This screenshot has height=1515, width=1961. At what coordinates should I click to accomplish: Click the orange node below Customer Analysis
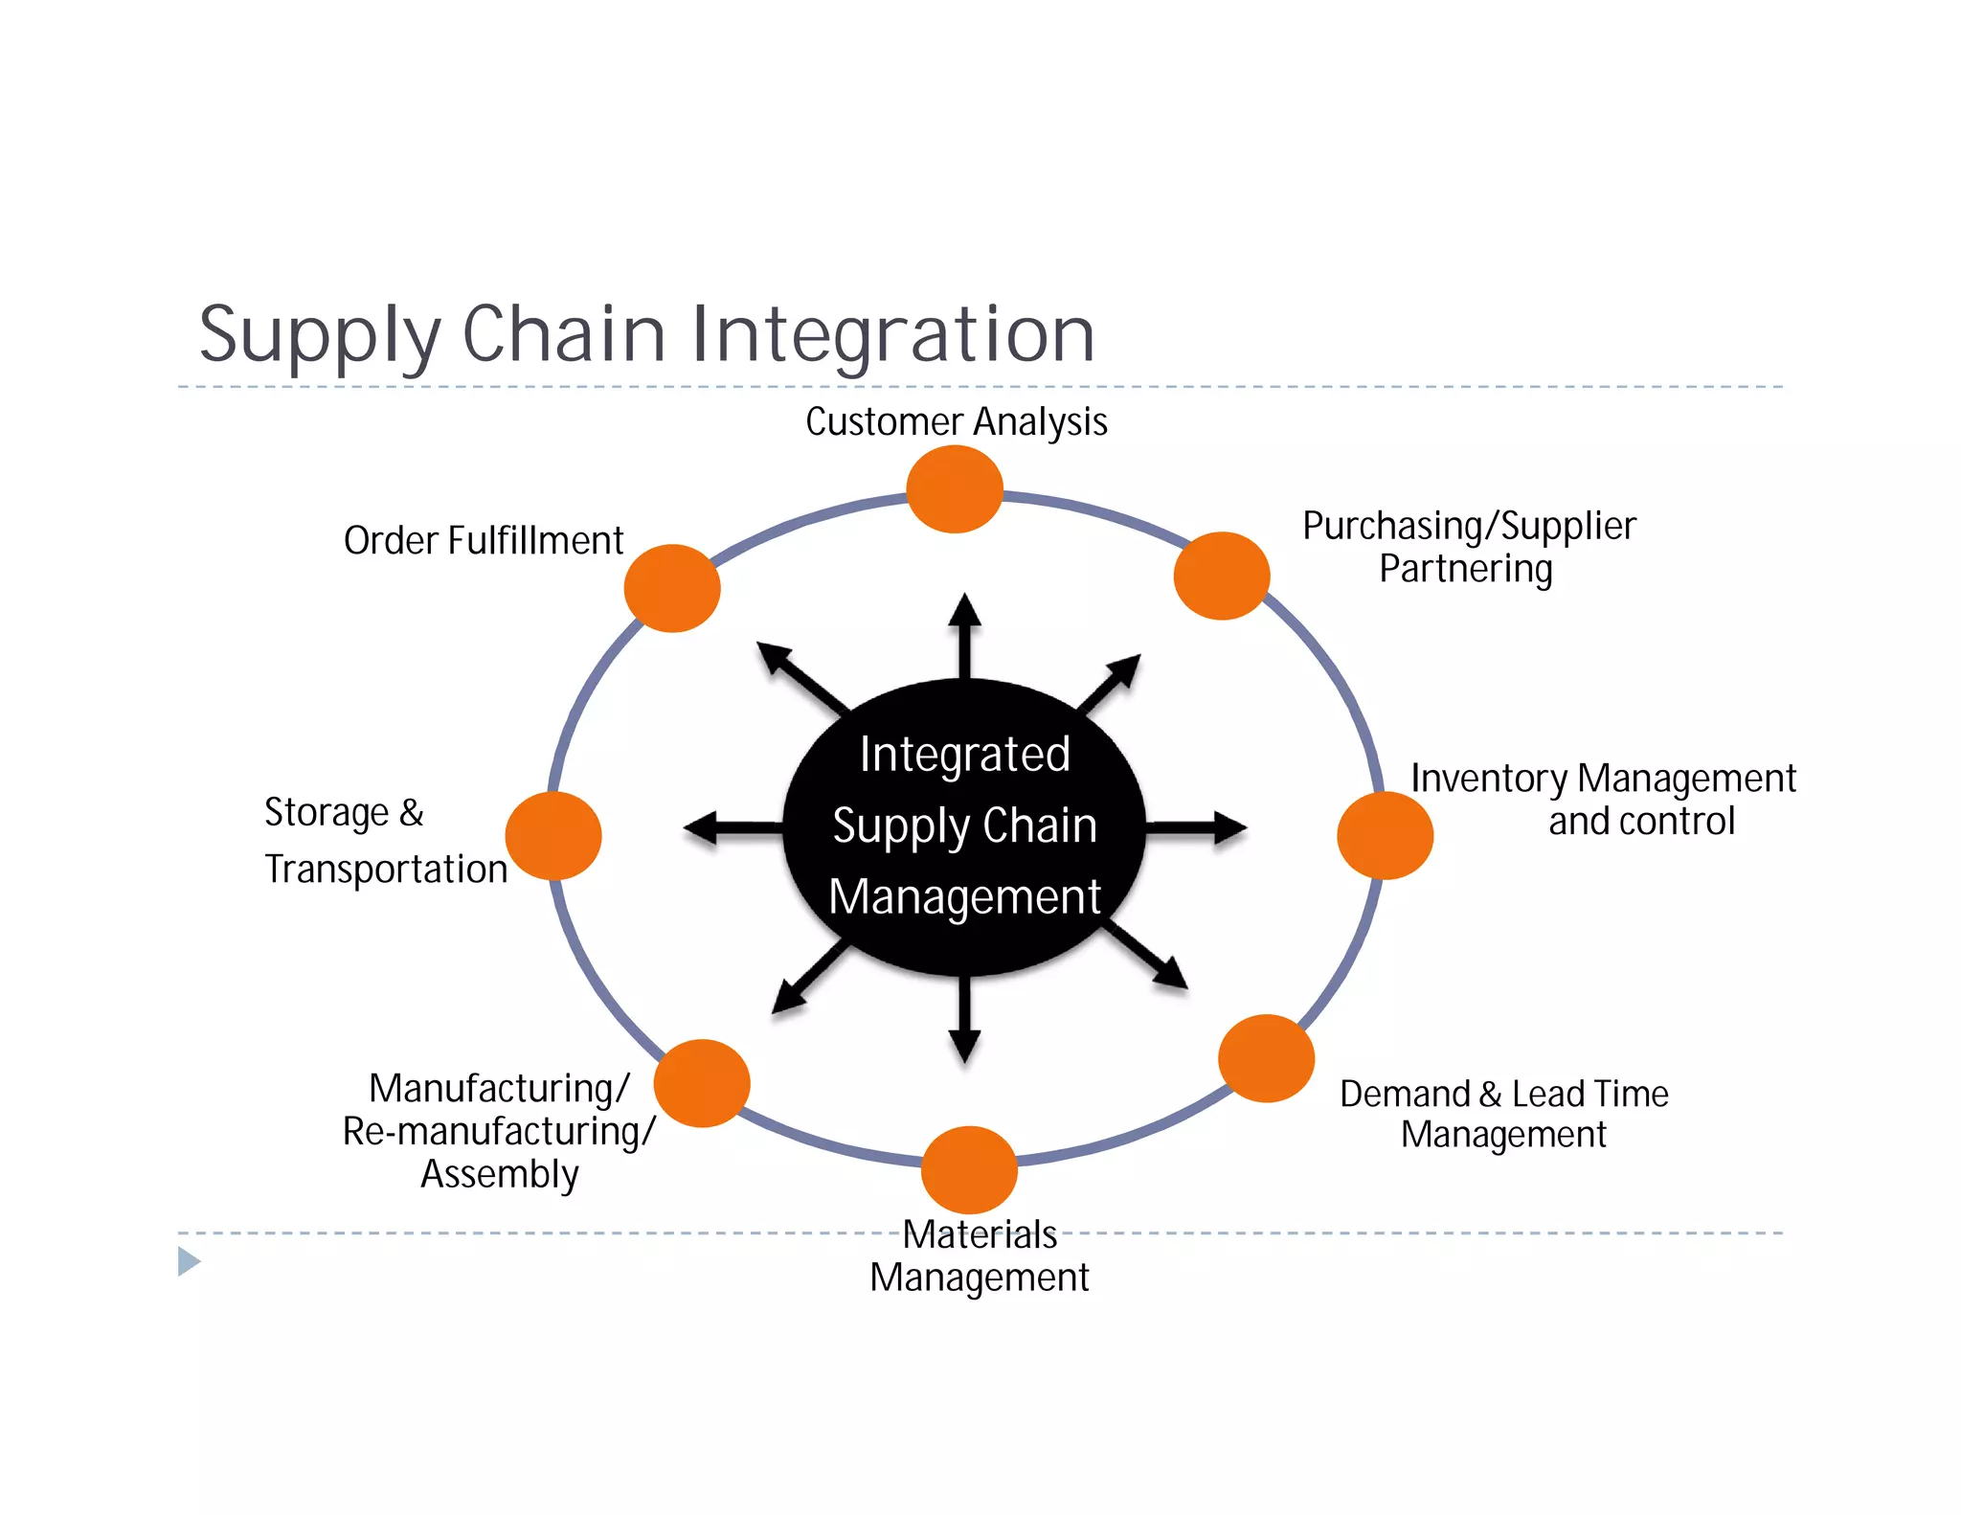[x=954, y=489]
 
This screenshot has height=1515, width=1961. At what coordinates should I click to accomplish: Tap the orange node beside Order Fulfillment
[x=672, y=588]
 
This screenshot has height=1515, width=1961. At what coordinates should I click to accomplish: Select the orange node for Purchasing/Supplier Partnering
[x=1222, y=576]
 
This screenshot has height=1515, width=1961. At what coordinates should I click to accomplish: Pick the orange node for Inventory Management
[x=1385, y=835]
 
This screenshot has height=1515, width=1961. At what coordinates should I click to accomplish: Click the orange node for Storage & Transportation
[x=553, y=835]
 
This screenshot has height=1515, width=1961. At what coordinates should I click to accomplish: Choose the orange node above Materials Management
[x=969, y=1169]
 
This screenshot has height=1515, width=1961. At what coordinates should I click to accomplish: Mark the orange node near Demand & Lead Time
[x=1266, y=1058]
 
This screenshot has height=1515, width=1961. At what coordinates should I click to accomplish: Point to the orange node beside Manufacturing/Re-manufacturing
[x=702, y=1083]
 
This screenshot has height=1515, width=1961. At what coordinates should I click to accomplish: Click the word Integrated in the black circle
[x=964, y=755]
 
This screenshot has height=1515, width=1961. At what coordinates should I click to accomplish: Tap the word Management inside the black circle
[x=964, y=897]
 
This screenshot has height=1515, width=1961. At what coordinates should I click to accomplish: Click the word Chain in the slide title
[x=564, y=334]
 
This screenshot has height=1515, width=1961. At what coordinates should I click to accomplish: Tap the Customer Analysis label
[x=956, y=421]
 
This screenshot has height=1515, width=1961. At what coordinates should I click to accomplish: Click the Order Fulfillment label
[x=484, y=541]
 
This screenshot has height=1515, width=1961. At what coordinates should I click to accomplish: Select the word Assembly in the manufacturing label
[x=500, y=1174]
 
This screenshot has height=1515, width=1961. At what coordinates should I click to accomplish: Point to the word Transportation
[x=386, y=870]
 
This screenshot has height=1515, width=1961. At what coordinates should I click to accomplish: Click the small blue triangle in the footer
[x=189, y=1261]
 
